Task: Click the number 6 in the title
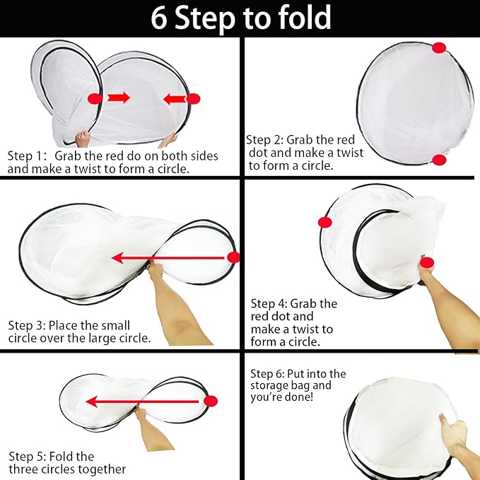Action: [159, 18]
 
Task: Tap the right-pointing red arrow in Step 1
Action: [119, 98]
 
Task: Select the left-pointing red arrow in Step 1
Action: [175, 99]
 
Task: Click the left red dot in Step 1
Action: [95, 98]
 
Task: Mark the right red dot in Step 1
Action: [194, 99]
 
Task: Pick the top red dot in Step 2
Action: [439, 48]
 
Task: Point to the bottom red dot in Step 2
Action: [439, 160]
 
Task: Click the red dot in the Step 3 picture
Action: [233, 257]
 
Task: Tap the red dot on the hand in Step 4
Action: [427, 262]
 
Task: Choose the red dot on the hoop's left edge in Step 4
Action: [324, 222]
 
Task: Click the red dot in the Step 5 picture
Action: [211, 401]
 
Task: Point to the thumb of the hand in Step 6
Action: [443, 420]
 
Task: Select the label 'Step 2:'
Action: [265, 140]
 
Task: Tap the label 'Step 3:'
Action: [27, 325]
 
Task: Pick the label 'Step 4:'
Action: [269, 304]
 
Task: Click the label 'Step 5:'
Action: [28, 457]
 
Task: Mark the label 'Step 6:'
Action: [267, 374]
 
